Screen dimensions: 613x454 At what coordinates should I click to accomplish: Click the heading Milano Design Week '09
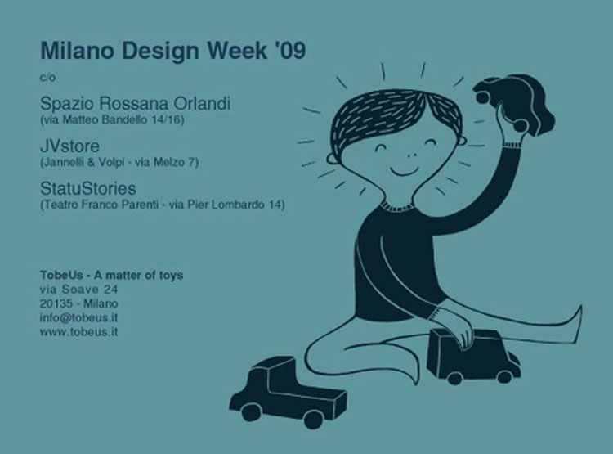pos(172,52)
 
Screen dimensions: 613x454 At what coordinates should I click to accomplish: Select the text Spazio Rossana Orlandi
pos(135,103)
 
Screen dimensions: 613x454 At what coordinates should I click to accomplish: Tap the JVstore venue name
pos(70,146)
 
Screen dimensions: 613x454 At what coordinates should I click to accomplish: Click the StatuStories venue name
pos(88,188)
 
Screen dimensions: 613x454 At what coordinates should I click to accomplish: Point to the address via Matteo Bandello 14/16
pos(112,119)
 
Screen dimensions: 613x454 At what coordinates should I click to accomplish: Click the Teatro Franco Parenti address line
pos(163,205)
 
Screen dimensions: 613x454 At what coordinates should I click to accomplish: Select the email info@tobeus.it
pos(79,317)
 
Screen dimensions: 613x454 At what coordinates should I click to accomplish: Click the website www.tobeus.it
pos(79,332)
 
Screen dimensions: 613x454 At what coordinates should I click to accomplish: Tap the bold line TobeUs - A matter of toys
pos(111,276)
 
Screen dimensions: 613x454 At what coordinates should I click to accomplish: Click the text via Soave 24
pos(79,290)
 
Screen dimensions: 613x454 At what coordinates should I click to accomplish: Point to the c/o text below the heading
pos(47,78)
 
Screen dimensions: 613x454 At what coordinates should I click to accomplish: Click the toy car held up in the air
pos(513,104)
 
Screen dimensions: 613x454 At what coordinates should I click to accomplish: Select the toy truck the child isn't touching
pos(288,391)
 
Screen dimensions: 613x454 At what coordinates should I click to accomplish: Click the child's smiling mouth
pos(405,172)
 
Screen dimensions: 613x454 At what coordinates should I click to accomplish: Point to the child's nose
pos(412,154)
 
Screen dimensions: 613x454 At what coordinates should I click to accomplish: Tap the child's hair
pos(396,118)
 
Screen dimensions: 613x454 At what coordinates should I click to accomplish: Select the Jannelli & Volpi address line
pos(119,162)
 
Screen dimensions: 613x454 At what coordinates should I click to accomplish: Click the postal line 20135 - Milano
pos(79,303)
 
